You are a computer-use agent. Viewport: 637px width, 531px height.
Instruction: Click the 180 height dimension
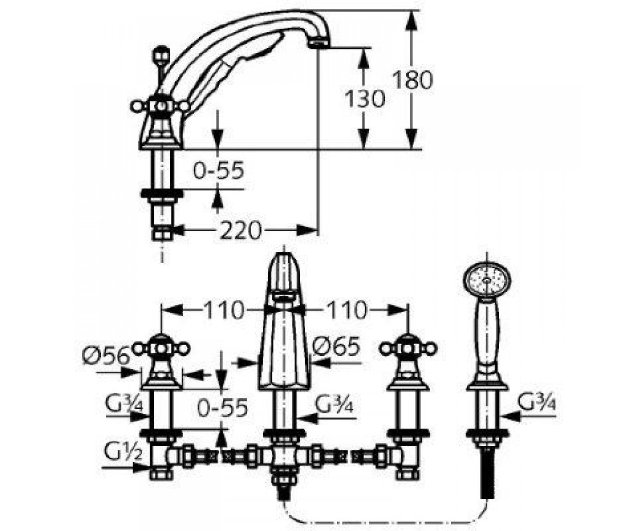pos(412,79)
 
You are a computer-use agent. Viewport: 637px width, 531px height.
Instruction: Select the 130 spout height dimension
pos(365,98)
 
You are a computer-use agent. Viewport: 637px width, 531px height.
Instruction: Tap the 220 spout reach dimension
pos(241,230)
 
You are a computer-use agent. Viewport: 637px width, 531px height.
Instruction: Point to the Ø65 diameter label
pos(336,346)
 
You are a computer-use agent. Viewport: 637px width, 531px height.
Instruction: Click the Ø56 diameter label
pos(106,355)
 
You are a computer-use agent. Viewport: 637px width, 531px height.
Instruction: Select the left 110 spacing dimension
pos(224,310)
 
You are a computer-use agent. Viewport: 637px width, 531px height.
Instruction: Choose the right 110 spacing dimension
pos(346,310)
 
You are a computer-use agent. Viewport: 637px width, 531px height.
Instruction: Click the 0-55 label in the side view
pos(219,170)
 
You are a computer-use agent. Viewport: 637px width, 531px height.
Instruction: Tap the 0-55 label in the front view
pos(222,408)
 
